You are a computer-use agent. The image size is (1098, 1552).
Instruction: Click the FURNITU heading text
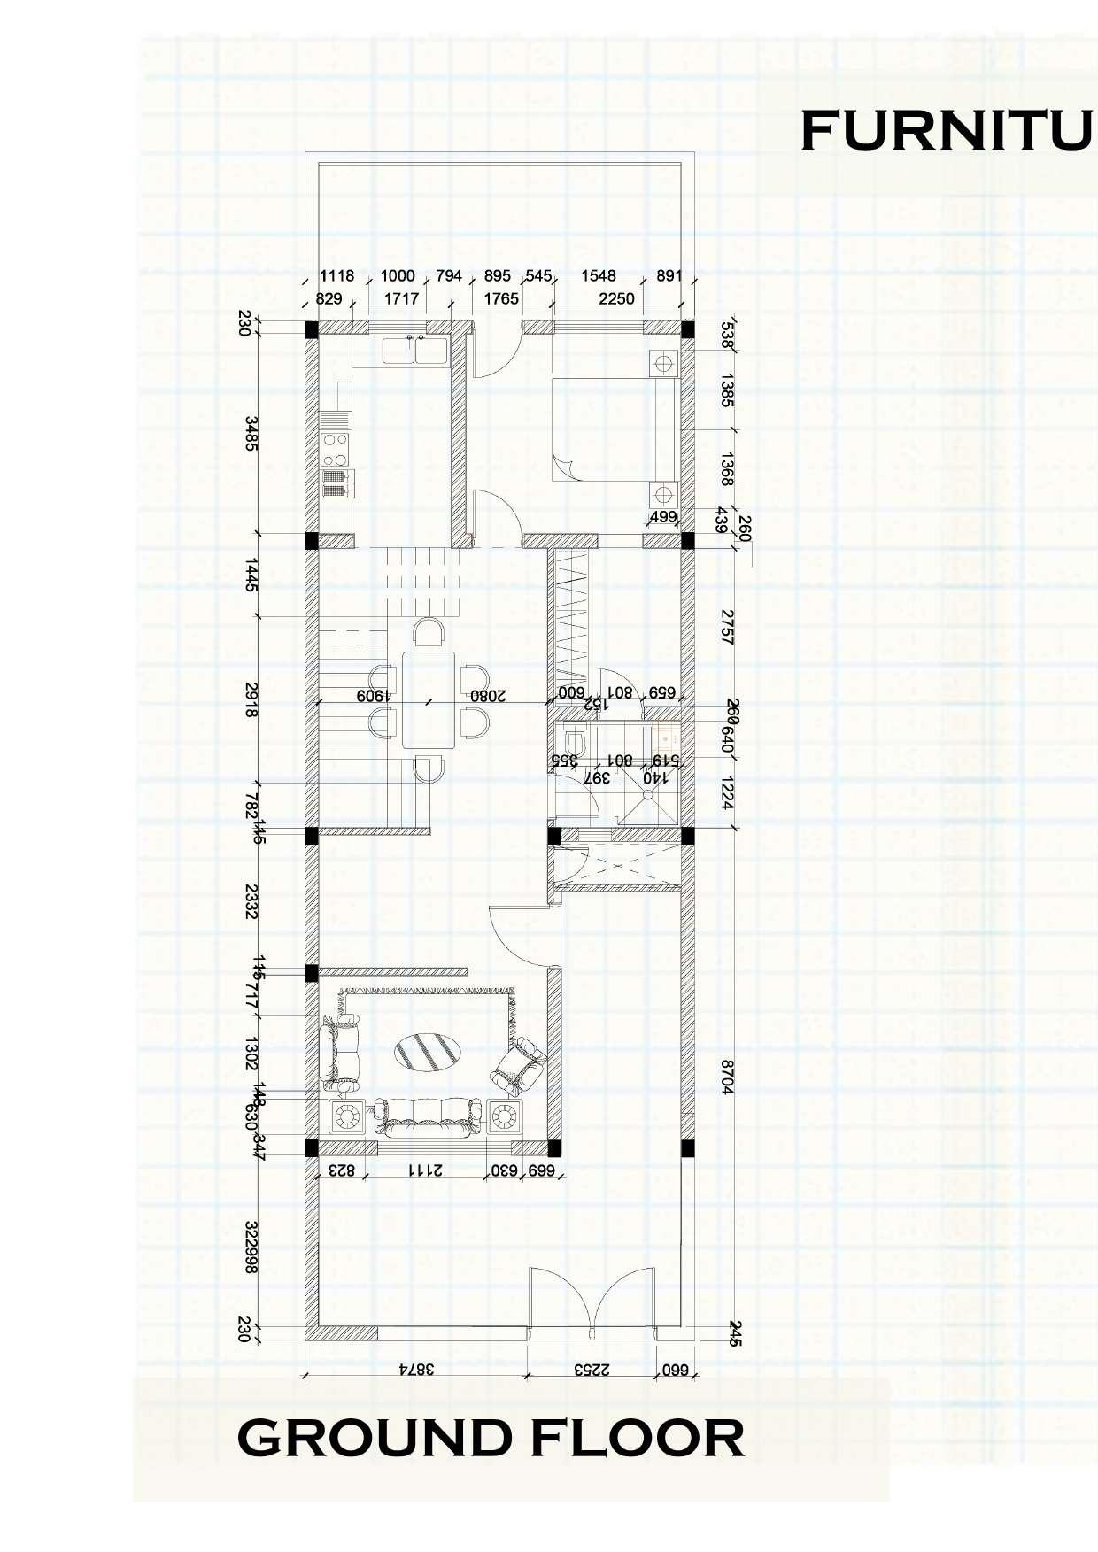(946, 131)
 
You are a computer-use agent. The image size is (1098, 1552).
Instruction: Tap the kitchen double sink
(414, 350)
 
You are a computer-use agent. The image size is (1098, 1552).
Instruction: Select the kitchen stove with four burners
(336, 450)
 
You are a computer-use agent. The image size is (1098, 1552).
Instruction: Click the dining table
(429, 699)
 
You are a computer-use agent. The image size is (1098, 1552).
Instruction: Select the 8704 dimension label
(727, 1077)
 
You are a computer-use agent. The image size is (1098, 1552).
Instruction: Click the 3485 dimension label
(251, 434)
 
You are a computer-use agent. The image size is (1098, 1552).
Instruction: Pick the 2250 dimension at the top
(616, 298)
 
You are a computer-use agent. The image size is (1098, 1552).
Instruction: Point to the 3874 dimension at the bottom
(416, 1369)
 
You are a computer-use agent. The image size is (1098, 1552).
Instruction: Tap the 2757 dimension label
(727, 626)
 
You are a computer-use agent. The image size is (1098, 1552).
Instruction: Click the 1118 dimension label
(336, 276)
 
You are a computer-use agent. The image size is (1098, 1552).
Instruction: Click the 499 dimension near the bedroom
(663, 517)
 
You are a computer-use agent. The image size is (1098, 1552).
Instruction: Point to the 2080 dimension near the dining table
(488, 696)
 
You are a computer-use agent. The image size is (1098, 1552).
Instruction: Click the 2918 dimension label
(251, 699)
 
